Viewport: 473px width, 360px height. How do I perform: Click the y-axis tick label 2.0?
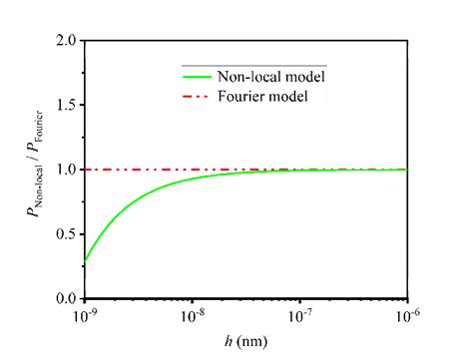point(67,41)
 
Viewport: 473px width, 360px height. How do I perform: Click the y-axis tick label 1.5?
point(67,105)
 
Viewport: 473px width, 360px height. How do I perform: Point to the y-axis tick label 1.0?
point(67,170)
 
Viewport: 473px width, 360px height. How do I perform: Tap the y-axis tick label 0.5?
point(67,234)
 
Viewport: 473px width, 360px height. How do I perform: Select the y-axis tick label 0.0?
point(67,298)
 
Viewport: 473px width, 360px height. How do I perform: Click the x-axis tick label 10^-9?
point(85,316)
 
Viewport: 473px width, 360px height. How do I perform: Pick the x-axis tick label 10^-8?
point(193,316)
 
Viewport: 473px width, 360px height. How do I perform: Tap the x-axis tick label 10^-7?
point(300,316)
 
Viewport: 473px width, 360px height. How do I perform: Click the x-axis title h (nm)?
point(246,342)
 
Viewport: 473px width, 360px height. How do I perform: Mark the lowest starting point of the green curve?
point(86,261)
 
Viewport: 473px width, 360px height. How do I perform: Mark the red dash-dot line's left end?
point(87,170)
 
